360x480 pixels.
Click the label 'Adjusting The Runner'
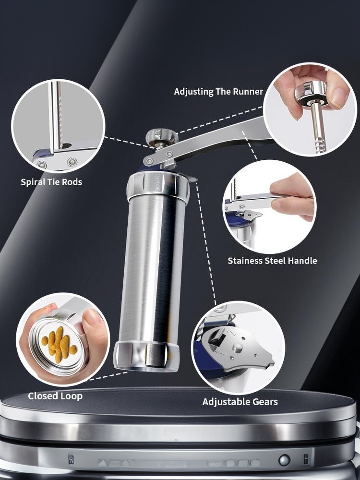coord(218,92)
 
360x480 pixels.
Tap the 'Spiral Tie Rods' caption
coord(51,182)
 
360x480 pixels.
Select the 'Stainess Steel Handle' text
coord(272,261)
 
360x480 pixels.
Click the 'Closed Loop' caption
coord(55,396)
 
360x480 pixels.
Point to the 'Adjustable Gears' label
coord(240,402)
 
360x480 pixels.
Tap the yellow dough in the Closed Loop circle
coord(59,344)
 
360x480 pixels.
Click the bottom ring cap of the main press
coord(146,355)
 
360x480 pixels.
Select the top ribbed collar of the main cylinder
coord(158,185)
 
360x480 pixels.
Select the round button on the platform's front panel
coord(284,460)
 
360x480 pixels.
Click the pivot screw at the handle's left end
coord(149,160)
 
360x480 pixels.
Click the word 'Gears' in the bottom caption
coord(263,402)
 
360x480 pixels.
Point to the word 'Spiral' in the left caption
coord(31,182)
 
